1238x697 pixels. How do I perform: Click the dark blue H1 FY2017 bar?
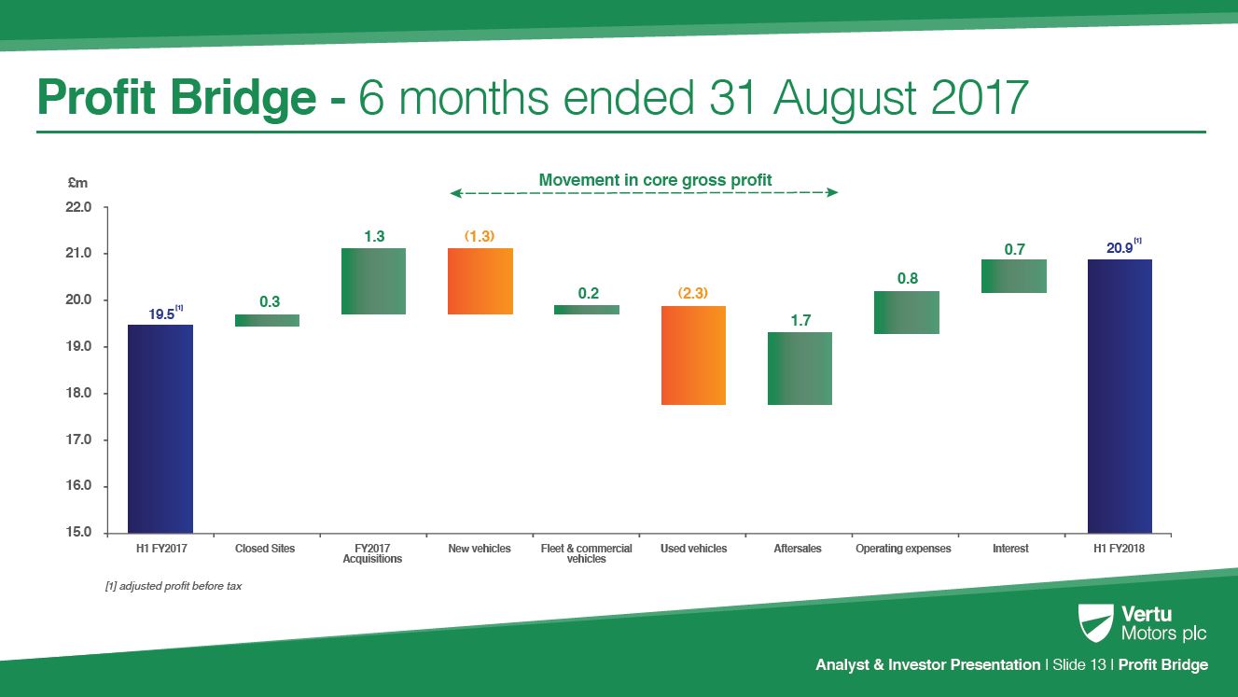160,428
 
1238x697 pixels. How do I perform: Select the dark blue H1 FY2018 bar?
1120,396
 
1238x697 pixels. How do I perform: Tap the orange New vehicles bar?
480,281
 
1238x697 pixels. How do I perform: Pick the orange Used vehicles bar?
693,355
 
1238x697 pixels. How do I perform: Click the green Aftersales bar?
800,369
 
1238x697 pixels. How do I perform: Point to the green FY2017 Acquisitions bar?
374,281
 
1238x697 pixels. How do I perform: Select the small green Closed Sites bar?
267,320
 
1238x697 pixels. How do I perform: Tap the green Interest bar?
1013,276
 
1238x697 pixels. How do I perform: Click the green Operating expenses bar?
906,313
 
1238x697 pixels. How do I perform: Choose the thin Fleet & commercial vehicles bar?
587,310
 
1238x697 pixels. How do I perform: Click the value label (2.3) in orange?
693,293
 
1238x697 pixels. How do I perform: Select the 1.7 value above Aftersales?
800,320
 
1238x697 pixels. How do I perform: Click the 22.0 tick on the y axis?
80,207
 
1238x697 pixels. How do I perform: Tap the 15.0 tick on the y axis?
80,533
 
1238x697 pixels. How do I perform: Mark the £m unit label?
77,184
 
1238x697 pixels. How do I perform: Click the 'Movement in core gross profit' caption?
655,179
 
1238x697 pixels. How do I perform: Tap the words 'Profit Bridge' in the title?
176,98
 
